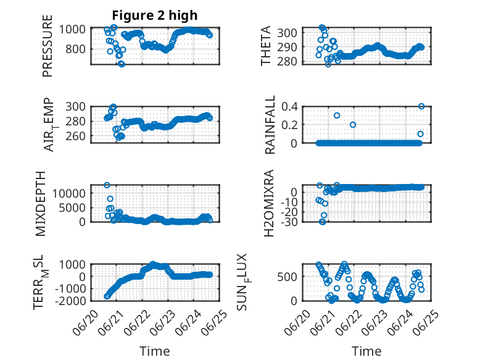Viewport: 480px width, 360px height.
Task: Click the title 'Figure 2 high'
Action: click(x=155, y=15)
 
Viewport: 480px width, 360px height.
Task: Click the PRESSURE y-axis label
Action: click(x=48, y=46)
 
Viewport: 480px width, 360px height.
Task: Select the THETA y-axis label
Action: click(x=266, y=46)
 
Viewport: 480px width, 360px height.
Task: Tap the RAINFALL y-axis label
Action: click(x=270, y=125)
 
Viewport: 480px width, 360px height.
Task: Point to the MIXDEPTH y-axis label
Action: click(x=40, y=204)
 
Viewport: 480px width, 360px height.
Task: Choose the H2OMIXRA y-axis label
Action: click(x=268, y=203)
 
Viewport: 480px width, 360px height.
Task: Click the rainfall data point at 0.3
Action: click(x=337, y=115)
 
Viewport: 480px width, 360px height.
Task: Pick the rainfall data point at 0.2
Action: click(x=353, y=125)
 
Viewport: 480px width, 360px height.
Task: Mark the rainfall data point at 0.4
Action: click(x=421, y=106)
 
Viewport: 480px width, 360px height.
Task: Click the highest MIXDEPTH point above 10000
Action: click(x=107, y=185)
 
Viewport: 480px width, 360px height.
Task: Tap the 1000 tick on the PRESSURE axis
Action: click(x=72, y=30)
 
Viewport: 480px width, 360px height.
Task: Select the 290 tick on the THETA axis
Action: click(x=287, y=47)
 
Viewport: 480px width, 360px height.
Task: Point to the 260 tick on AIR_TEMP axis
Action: click(x=75, y=136)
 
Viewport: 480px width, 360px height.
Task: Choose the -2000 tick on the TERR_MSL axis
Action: click(x=70, y=301)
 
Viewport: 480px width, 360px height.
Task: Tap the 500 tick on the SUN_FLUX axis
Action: click(x=287, y=277)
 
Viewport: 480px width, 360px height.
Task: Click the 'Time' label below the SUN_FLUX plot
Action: click(x=366, y=351)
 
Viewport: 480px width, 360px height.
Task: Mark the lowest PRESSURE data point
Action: click(x=122, y=64)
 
